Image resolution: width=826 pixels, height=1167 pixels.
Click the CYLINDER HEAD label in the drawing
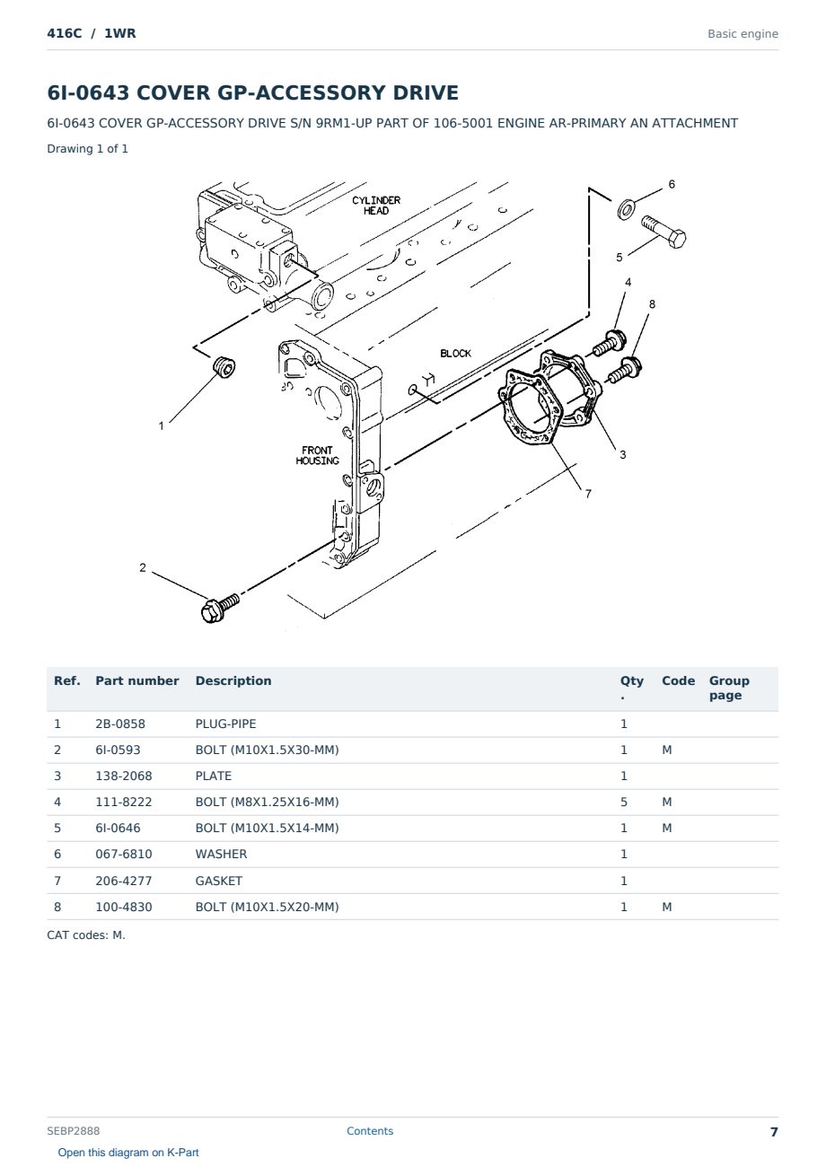375,206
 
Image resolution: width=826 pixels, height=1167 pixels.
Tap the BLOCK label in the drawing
455,353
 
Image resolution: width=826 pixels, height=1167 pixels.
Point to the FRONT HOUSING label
317,455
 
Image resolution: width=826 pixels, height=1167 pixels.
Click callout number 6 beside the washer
672,184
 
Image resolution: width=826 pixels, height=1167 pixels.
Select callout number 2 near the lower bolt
142,567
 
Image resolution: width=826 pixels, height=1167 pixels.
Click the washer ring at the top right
626,209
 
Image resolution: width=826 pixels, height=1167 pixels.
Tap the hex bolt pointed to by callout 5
663,232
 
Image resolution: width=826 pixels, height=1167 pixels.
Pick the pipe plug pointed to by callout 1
224,367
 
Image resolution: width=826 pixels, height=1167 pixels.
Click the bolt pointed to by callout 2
219,609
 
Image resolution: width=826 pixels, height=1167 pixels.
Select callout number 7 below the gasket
588,494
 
